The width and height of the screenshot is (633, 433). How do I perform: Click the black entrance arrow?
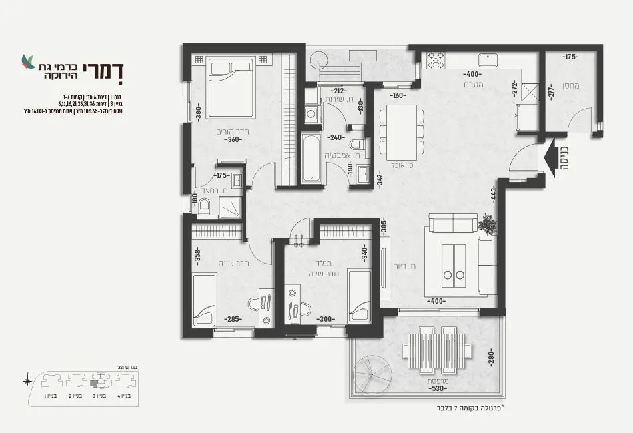pos(552,159)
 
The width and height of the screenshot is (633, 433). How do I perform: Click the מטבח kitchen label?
pos(474,85)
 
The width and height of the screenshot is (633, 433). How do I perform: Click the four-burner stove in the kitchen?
pos(436,60)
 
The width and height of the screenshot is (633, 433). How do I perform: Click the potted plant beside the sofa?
pos(488,224)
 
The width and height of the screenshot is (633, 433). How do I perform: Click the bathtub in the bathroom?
pos(311,157)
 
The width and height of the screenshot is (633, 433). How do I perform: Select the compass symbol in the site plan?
pos(27,381)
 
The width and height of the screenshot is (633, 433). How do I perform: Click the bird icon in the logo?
pos(29,61)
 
